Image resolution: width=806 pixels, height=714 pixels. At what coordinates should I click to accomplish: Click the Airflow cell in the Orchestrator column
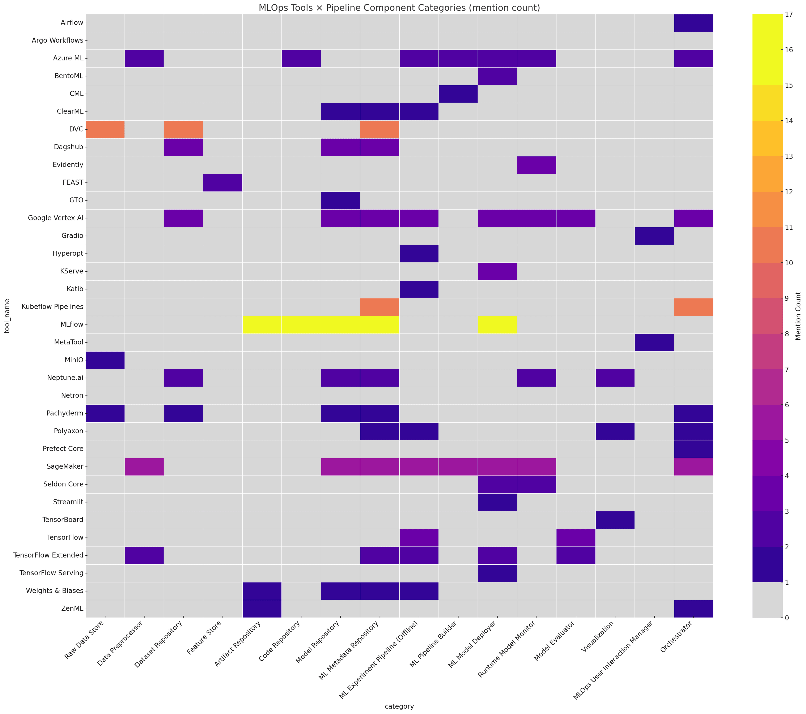pyautogui.click(x=693, y=23)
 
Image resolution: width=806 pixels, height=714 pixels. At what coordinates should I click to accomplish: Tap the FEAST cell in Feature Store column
pyautogui.click(x=222, y=182)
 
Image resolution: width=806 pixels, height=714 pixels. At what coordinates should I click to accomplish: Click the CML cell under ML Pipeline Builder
pyautogui.click(x=458, y=94)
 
